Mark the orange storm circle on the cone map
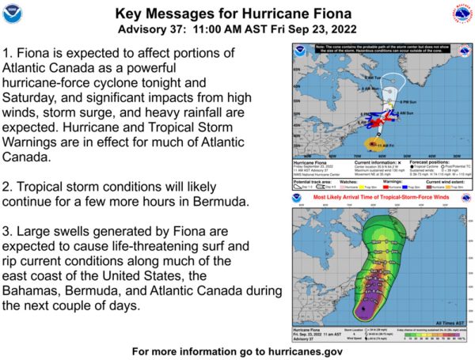[374, 145]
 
